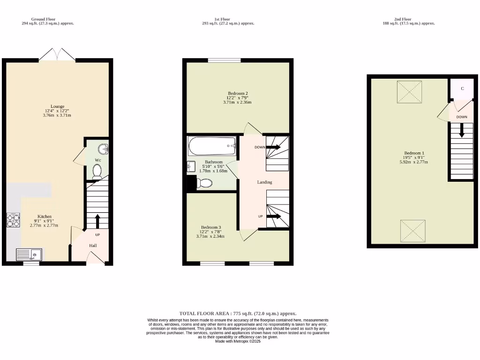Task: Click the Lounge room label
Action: point(58,106)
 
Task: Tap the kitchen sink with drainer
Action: point(29,255)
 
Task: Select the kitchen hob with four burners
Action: point(13,220)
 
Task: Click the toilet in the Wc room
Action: point(97,173)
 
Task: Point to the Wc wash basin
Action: point(103,149)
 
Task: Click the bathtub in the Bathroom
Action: point(212,146)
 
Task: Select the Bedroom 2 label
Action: point(238,93)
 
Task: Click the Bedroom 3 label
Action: point(210,227)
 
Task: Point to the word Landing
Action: point(264,182)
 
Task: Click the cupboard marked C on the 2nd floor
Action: point(462,89)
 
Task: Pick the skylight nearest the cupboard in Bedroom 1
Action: point(410,92)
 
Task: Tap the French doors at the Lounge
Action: point(57,55)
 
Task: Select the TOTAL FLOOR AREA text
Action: point(238,313)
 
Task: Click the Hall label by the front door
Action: point(93,245)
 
